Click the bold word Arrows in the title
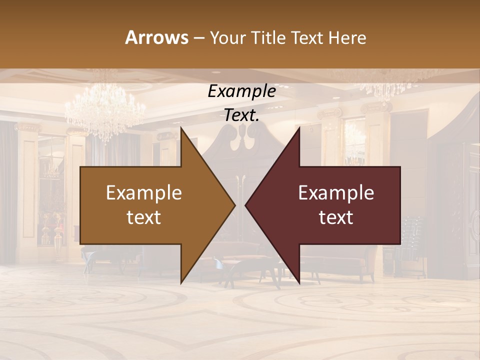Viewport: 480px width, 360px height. click(156, 37)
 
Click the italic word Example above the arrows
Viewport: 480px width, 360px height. click(241, 91)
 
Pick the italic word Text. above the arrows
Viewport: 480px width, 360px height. click(241, 115)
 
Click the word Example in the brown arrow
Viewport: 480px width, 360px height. click(144, 192)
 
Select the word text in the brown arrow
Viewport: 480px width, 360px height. click(144, 217)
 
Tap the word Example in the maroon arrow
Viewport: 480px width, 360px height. click(336, 192)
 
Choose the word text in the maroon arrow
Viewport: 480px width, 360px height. click(336, 217)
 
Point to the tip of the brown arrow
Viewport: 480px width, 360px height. click(235, 205)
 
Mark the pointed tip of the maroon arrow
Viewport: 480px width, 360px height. click(245, 205)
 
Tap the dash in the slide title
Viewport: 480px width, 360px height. click(198, 38)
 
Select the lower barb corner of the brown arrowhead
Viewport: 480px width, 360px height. click(181, 283)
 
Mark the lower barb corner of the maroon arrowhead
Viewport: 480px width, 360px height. click(299, 283)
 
